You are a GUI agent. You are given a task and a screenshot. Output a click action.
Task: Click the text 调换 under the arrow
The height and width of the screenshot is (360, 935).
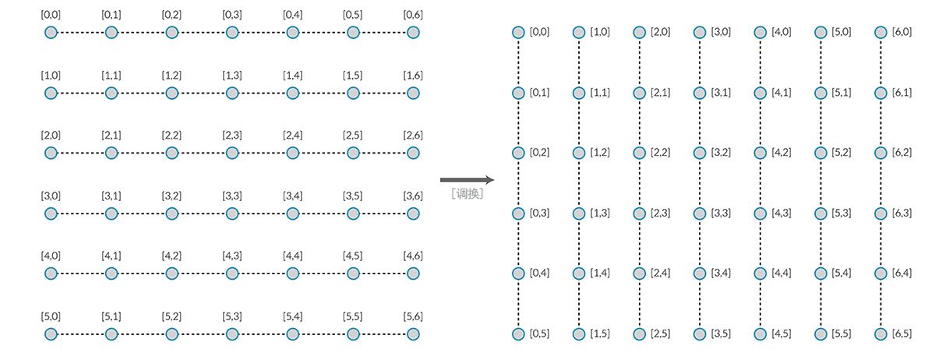[467, 194]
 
